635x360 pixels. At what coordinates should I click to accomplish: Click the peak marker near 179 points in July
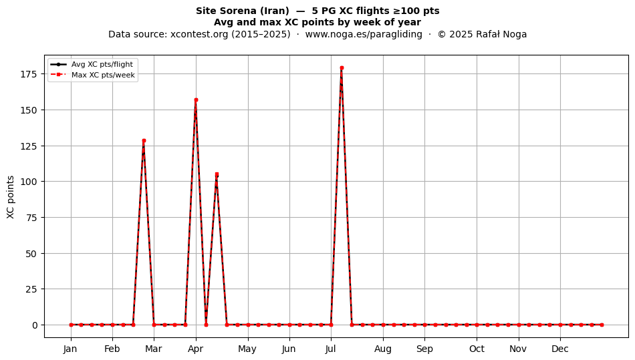click(342, 68)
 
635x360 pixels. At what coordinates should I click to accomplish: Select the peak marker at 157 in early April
click(196, 100)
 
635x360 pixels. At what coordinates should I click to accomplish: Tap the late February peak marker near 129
click(144, 141)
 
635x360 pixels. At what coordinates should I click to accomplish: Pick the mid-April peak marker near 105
click(217, 174)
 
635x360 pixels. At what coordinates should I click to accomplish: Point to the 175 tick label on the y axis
click(29, 74)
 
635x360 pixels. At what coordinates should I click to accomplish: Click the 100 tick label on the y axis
click(29, 182)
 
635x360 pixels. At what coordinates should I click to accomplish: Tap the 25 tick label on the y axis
click(31, 289)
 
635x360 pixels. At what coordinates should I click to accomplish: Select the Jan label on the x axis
click(70, 349)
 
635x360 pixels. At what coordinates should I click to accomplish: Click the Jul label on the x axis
click(331, 349)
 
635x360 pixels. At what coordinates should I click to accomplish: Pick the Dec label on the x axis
click(560, 349)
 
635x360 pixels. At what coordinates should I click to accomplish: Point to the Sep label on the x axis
click(424, 349)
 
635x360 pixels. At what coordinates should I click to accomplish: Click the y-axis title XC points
click(11, 197)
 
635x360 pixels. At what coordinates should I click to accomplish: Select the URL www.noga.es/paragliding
click(364, 34)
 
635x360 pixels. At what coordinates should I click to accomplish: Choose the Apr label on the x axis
click(196, 349)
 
